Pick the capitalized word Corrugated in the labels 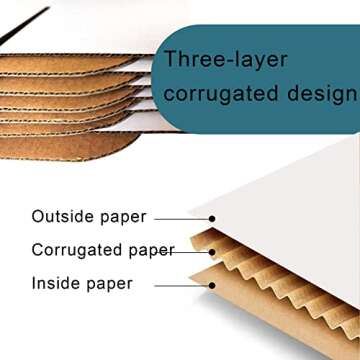point(76,250)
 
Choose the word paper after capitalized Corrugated point(150,250)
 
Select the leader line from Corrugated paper point(190,250)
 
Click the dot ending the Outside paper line point(213,218)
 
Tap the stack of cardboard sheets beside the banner point(70,100)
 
